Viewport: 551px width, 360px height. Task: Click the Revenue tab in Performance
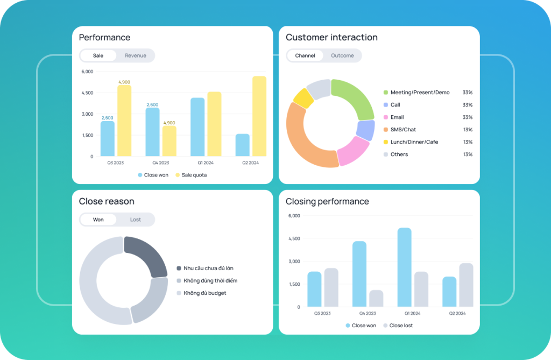[135, 55]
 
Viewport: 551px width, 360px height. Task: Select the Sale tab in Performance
[98, 55]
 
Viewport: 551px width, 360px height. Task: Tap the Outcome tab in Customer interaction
[342, 55]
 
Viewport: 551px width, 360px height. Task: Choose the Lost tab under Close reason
[135, 220]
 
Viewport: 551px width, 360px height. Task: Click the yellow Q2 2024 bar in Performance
[259, 116]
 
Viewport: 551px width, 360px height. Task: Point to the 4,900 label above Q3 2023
[124, 82]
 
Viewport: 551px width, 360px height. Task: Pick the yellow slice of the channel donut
[303, 98]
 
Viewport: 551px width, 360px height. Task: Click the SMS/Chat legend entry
[402, 130]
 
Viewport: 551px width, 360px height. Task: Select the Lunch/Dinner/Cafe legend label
[414, 142]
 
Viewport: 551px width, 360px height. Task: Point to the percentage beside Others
[467, 154]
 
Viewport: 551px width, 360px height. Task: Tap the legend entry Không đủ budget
[204, 293]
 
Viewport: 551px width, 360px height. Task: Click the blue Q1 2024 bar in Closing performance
[404, 267]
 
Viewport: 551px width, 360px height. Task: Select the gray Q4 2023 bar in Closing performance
[376, 298]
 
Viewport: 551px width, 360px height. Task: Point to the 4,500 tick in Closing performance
[294, 238]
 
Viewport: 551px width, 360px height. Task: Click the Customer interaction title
[331, 38]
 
